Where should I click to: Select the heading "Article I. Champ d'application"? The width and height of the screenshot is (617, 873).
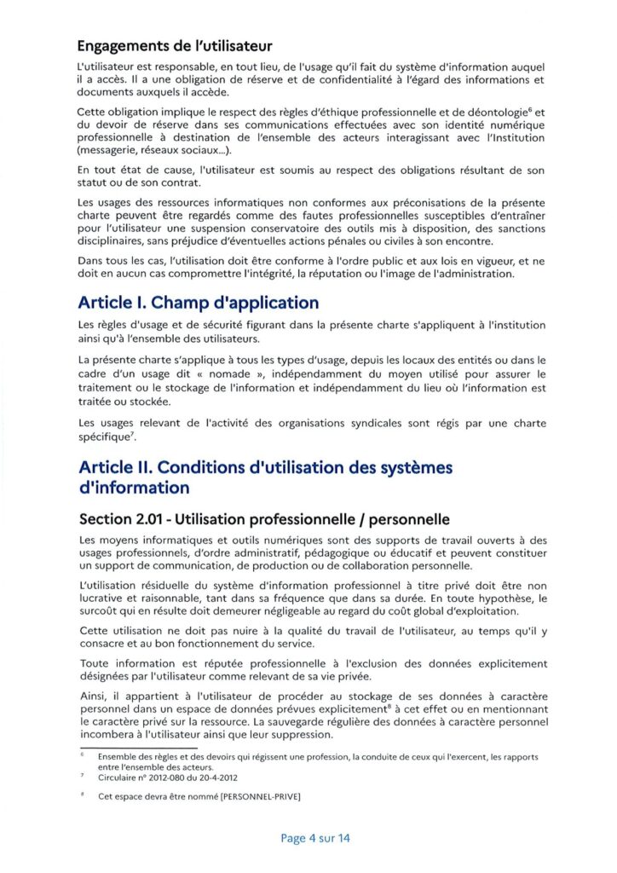pyautogui.click(x=199, y=303)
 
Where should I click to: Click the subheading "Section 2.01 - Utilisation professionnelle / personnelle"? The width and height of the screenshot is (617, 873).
pyautogui.click(x=264, y=519)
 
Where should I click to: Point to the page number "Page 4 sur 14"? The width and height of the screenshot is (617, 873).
pyautogui.click(x=315, y=838)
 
